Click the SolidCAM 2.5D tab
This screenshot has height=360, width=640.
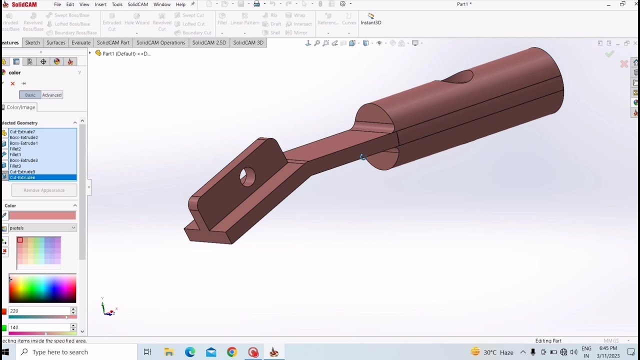pos(209,42)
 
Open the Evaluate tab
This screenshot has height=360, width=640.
pos(81,42)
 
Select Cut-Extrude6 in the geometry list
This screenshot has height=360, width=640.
pos(22,177)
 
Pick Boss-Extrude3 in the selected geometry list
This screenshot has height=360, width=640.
pos(23,160)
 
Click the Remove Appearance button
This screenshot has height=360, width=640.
pos(44,190)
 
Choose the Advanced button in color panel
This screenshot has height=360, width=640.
pos(51,95)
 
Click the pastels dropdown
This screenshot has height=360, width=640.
pos(42,228)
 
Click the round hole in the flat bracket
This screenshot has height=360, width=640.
pos(247,177)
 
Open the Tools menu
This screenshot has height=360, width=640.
pos(117,4)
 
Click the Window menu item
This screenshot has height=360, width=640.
pos(161,4)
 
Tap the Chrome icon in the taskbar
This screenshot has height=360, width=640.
pos(231,352)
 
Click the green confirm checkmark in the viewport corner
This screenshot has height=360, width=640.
pos(609,54)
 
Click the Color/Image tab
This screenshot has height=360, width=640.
pos(20,107)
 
